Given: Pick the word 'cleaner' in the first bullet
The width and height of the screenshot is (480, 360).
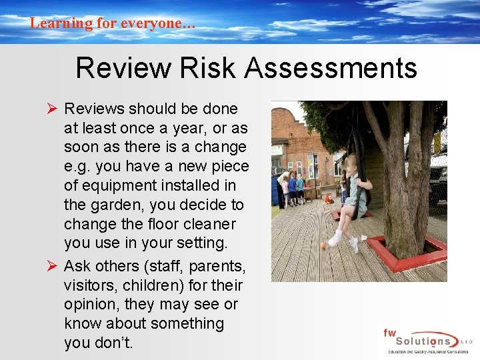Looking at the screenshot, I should point(213,223).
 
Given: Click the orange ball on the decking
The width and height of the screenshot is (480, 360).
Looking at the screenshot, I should point(323,246).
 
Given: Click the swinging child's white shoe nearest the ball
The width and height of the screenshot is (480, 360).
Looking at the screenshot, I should point(334,239).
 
